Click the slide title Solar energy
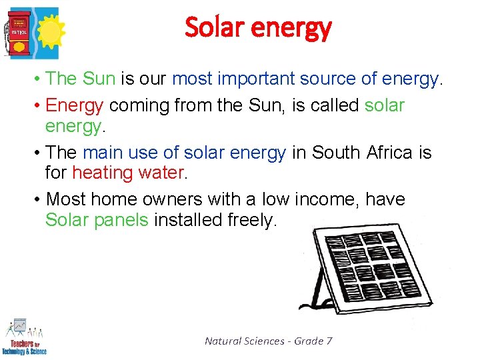[x=257, y=28]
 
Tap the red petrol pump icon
[x=19, y=31]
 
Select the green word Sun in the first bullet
[x=99, y=79]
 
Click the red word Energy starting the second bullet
[x=75, y=106]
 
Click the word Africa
[x=389, y=153]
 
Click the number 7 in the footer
[x=329, y=341]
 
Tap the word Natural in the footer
[x=222, y=341]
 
